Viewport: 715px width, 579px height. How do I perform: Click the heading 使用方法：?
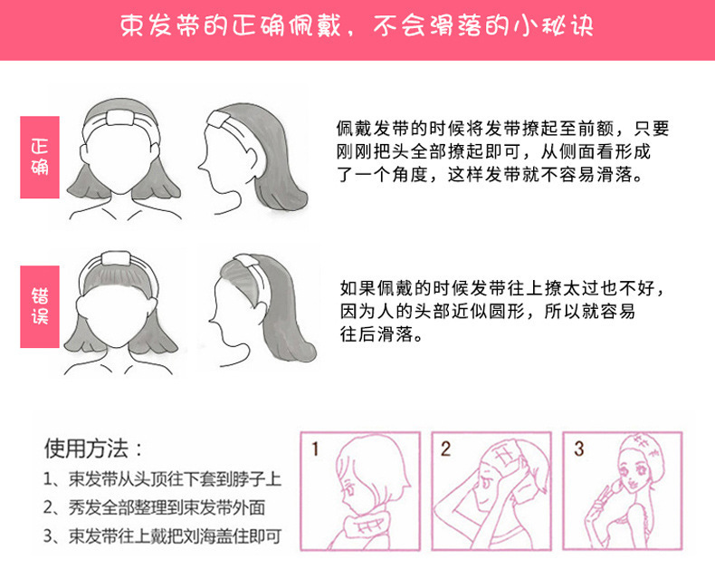(x=93, y=449)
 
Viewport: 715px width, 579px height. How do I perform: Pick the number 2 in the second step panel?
(x=446, y=449)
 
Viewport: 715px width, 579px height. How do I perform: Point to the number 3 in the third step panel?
(x=578, y=449)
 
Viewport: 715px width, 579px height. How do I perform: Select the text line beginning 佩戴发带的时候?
(x=503, y=130)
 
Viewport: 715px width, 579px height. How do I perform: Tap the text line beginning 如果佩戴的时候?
(x=503, y=290)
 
